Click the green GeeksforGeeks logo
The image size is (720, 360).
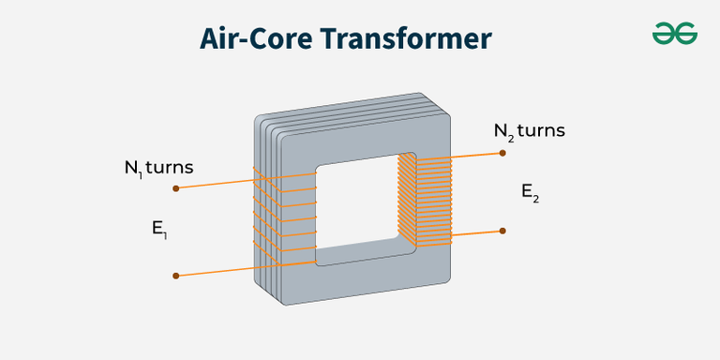tap(675, 34)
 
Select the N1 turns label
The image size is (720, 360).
tap(158, 168)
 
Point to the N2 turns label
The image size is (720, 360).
tap(530, 131)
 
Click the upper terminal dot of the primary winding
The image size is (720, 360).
tap(176, 188)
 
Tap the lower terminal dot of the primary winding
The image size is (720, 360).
tap(176, 276)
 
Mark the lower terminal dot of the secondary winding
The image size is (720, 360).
tap(503, 231)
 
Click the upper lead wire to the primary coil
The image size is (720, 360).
tap(216, 184)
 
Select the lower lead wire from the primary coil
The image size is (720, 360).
tap(216, 271)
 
